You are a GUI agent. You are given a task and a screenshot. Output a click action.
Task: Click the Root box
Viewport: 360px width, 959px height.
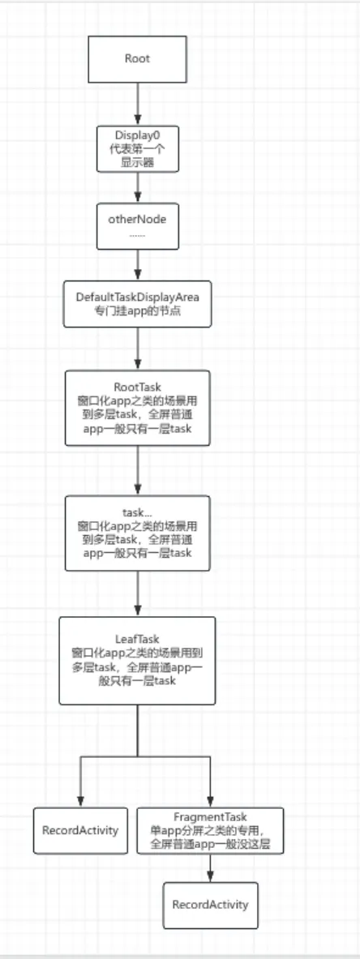[x=137, y=58]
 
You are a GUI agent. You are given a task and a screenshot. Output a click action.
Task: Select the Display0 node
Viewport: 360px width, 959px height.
[x=138, y=149]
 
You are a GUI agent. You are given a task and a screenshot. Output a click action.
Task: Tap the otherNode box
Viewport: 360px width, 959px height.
[x=138, y=226]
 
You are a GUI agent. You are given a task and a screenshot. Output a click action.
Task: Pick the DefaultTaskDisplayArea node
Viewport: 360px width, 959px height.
[x=138, y=304]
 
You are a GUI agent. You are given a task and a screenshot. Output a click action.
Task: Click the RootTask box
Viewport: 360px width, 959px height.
[x=138, y=408]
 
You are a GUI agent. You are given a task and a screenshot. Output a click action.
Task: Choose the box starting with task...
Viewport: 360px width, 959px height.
[x=138, y=533]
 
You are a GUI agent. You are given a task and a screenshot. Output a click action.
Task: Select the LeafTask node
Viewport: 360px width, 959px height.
[x=137, y=661]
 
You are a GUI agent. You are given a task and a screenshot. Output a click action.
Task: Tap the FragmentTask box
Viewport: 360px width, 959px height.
[x=210, y=831]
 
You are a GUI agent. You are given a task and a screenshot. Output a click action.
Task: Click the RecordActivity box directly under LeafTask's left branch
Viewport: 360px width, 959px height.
[x=80, y=831]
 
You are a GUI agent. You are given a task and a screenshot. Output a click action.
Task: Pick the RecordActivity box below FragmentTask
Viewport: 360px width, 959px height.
[x=210, y=905]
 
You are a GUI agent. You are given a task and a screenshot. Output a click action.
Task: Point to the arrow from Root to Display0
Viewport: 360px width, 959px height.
[x=138, y=104]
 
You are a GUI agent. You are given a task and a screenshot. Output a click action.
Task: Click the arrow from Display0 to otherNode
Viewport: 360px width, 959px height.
[x=138, y=188]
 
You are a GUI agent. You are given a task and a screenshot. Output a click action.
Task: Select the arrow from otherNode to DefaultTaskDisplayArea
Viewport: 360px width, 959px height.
[x=138, y=265]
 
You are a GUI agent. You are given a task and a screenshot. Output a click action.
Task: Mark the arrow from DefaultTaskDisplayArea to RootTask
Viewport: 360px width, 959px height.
[x=138, y=349]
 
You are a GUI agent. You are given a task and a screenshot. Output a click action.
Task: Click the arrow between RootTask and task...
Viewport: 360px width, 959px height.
[x=138, y=470]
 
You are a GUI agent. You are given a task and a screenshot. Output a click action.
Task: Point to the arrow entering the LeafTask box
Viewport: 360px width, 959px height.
[x=138, y=594]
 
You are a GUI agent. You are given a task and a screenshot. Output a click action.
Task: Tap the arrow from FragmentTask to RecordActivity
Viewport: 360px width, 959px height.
[x=210, y=868]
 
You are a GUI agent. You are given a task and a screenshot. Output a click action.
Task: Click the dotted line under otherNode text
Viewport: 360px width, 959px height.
[x=138, y=235]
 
